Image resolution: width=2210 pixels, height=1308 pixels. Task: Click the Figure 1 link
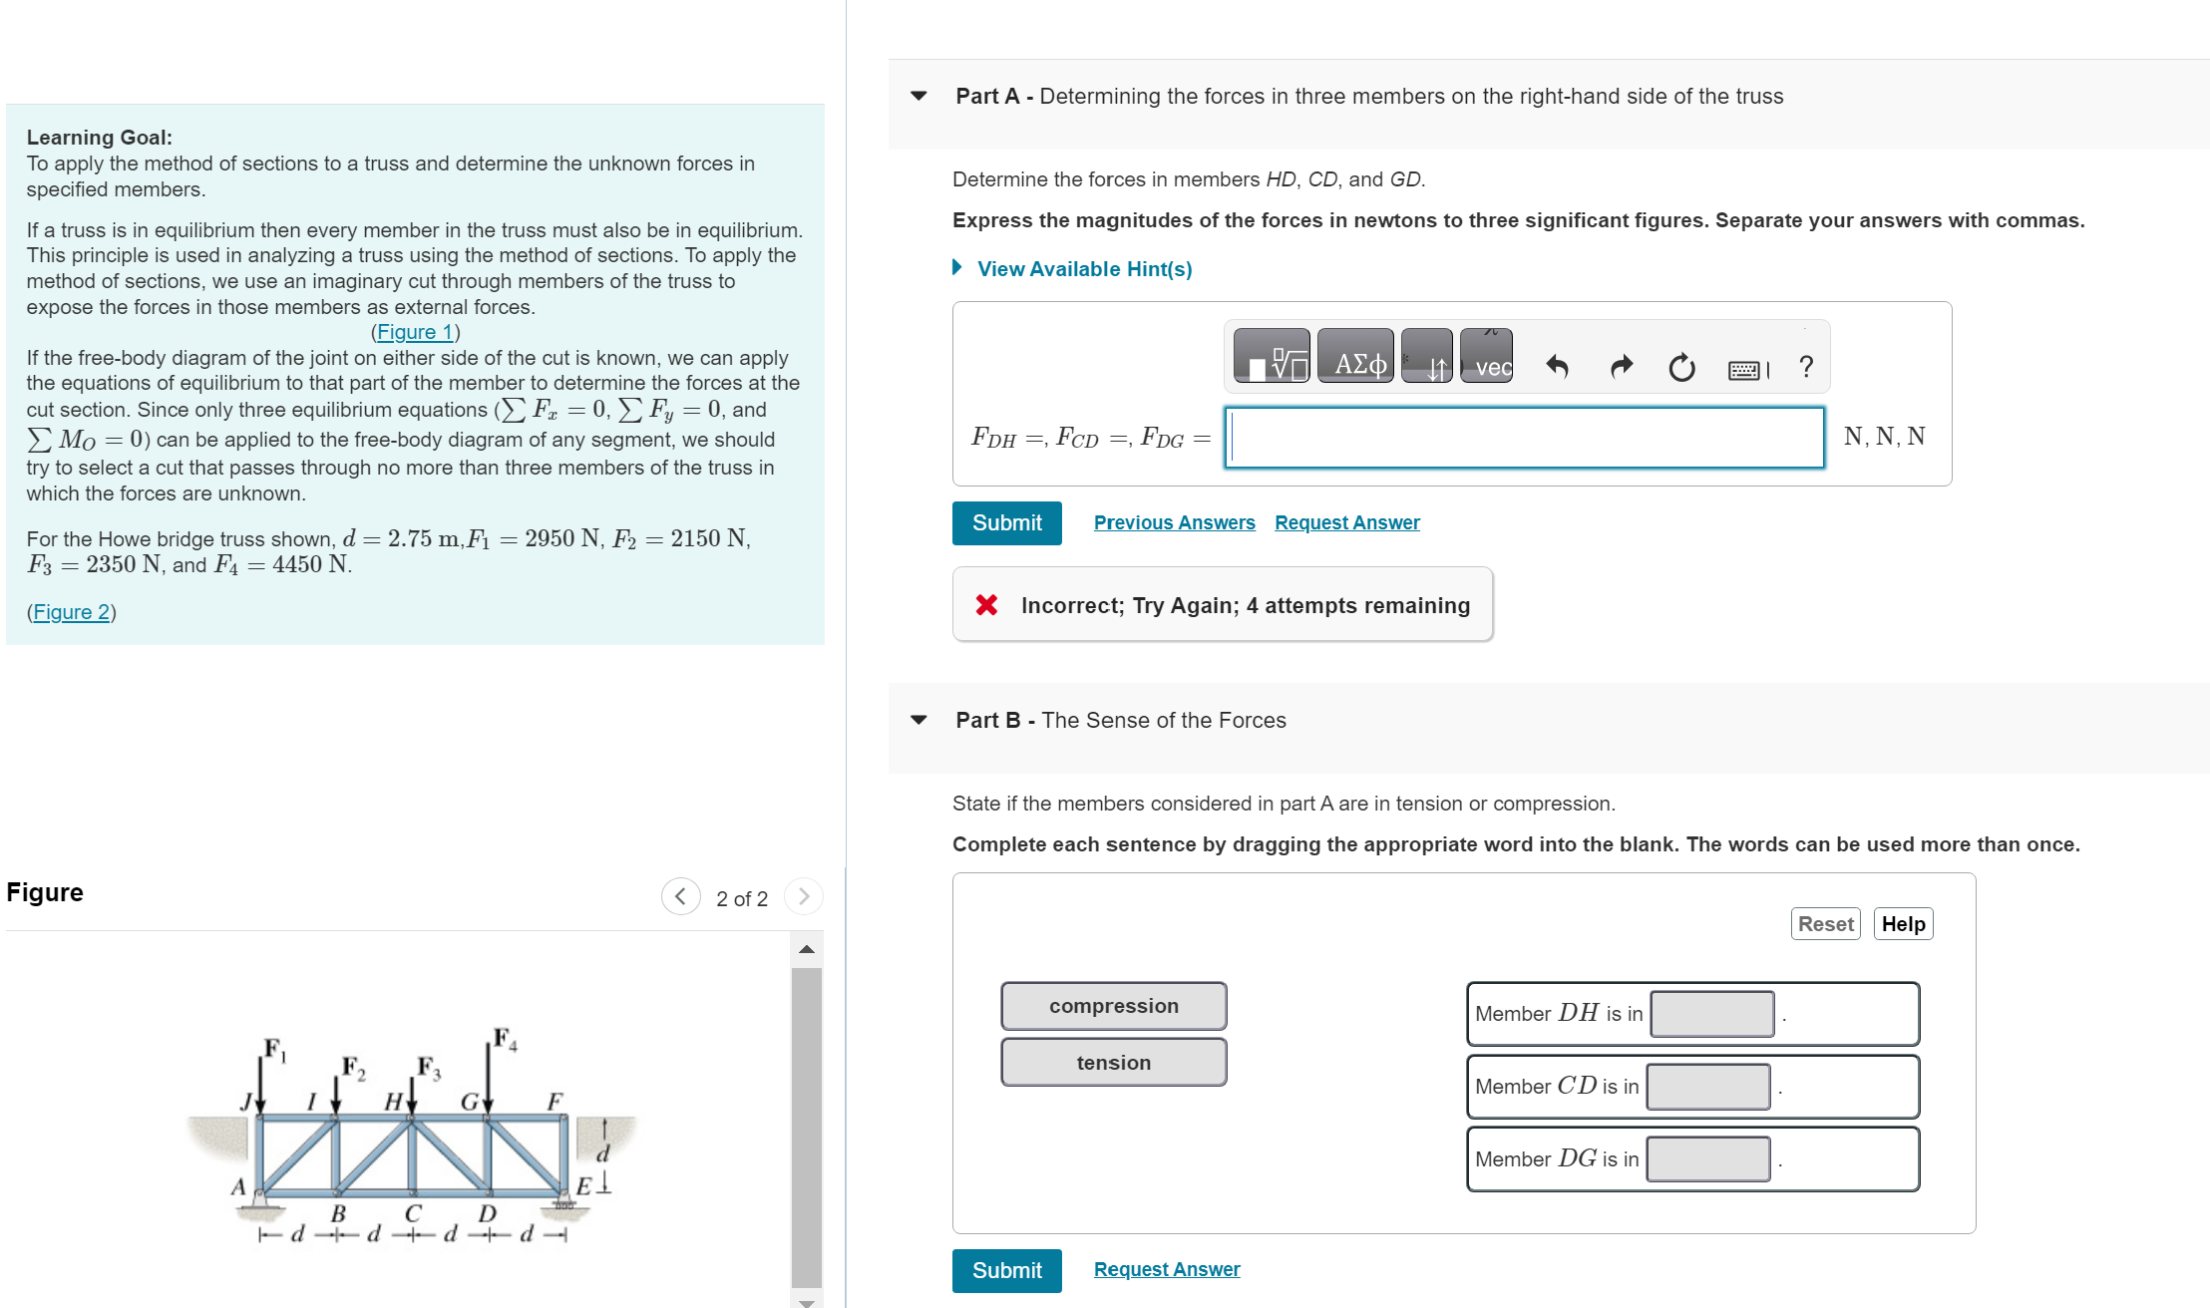[x=415, y=332]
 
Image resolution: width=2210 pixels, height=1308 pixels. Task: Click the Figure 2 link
[x=71, y=612]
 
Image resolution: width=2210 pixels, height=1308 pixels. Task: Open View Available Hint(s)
[x=1083, y=269]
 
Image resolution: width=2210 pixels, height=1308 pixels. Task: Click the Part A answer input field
[x=1524, y=438]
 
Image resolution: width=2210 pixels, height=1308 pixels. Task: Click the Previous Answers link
[x=1174, y=522]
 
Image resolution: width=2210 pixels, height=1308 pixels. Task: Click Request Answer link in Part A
[x=1346, y=522]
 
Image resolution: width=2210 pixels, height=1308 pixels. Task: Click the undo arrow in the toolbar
[x=1557, y=367]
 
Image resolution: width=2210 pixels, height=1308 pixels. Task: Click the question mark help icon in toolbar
[x=1806, y=367]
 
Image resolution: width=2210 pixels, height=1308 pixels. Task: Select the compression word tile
[x=1113, y=1006]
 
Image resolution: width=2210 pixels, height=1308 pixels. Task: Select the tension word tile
[x=1113, y=1063]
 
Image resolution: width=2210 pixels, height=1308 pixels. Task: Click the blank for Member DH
[x=1711, y=1014]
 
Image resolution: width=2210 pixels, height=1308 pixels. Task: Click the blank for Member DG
[x=1707, y=1159]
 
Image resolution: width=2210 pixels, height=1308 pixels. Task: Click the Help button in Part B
[x=1903, y=924]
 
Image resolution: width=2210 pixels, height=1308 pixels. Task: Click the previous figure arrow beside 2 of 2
[x=680, y=896]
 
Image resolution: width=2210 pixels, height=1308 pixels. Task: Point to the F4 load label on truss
[x=505, y=1039]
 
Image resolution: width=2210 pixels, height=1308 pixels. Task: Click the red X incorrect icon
[x=986, y=605]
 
